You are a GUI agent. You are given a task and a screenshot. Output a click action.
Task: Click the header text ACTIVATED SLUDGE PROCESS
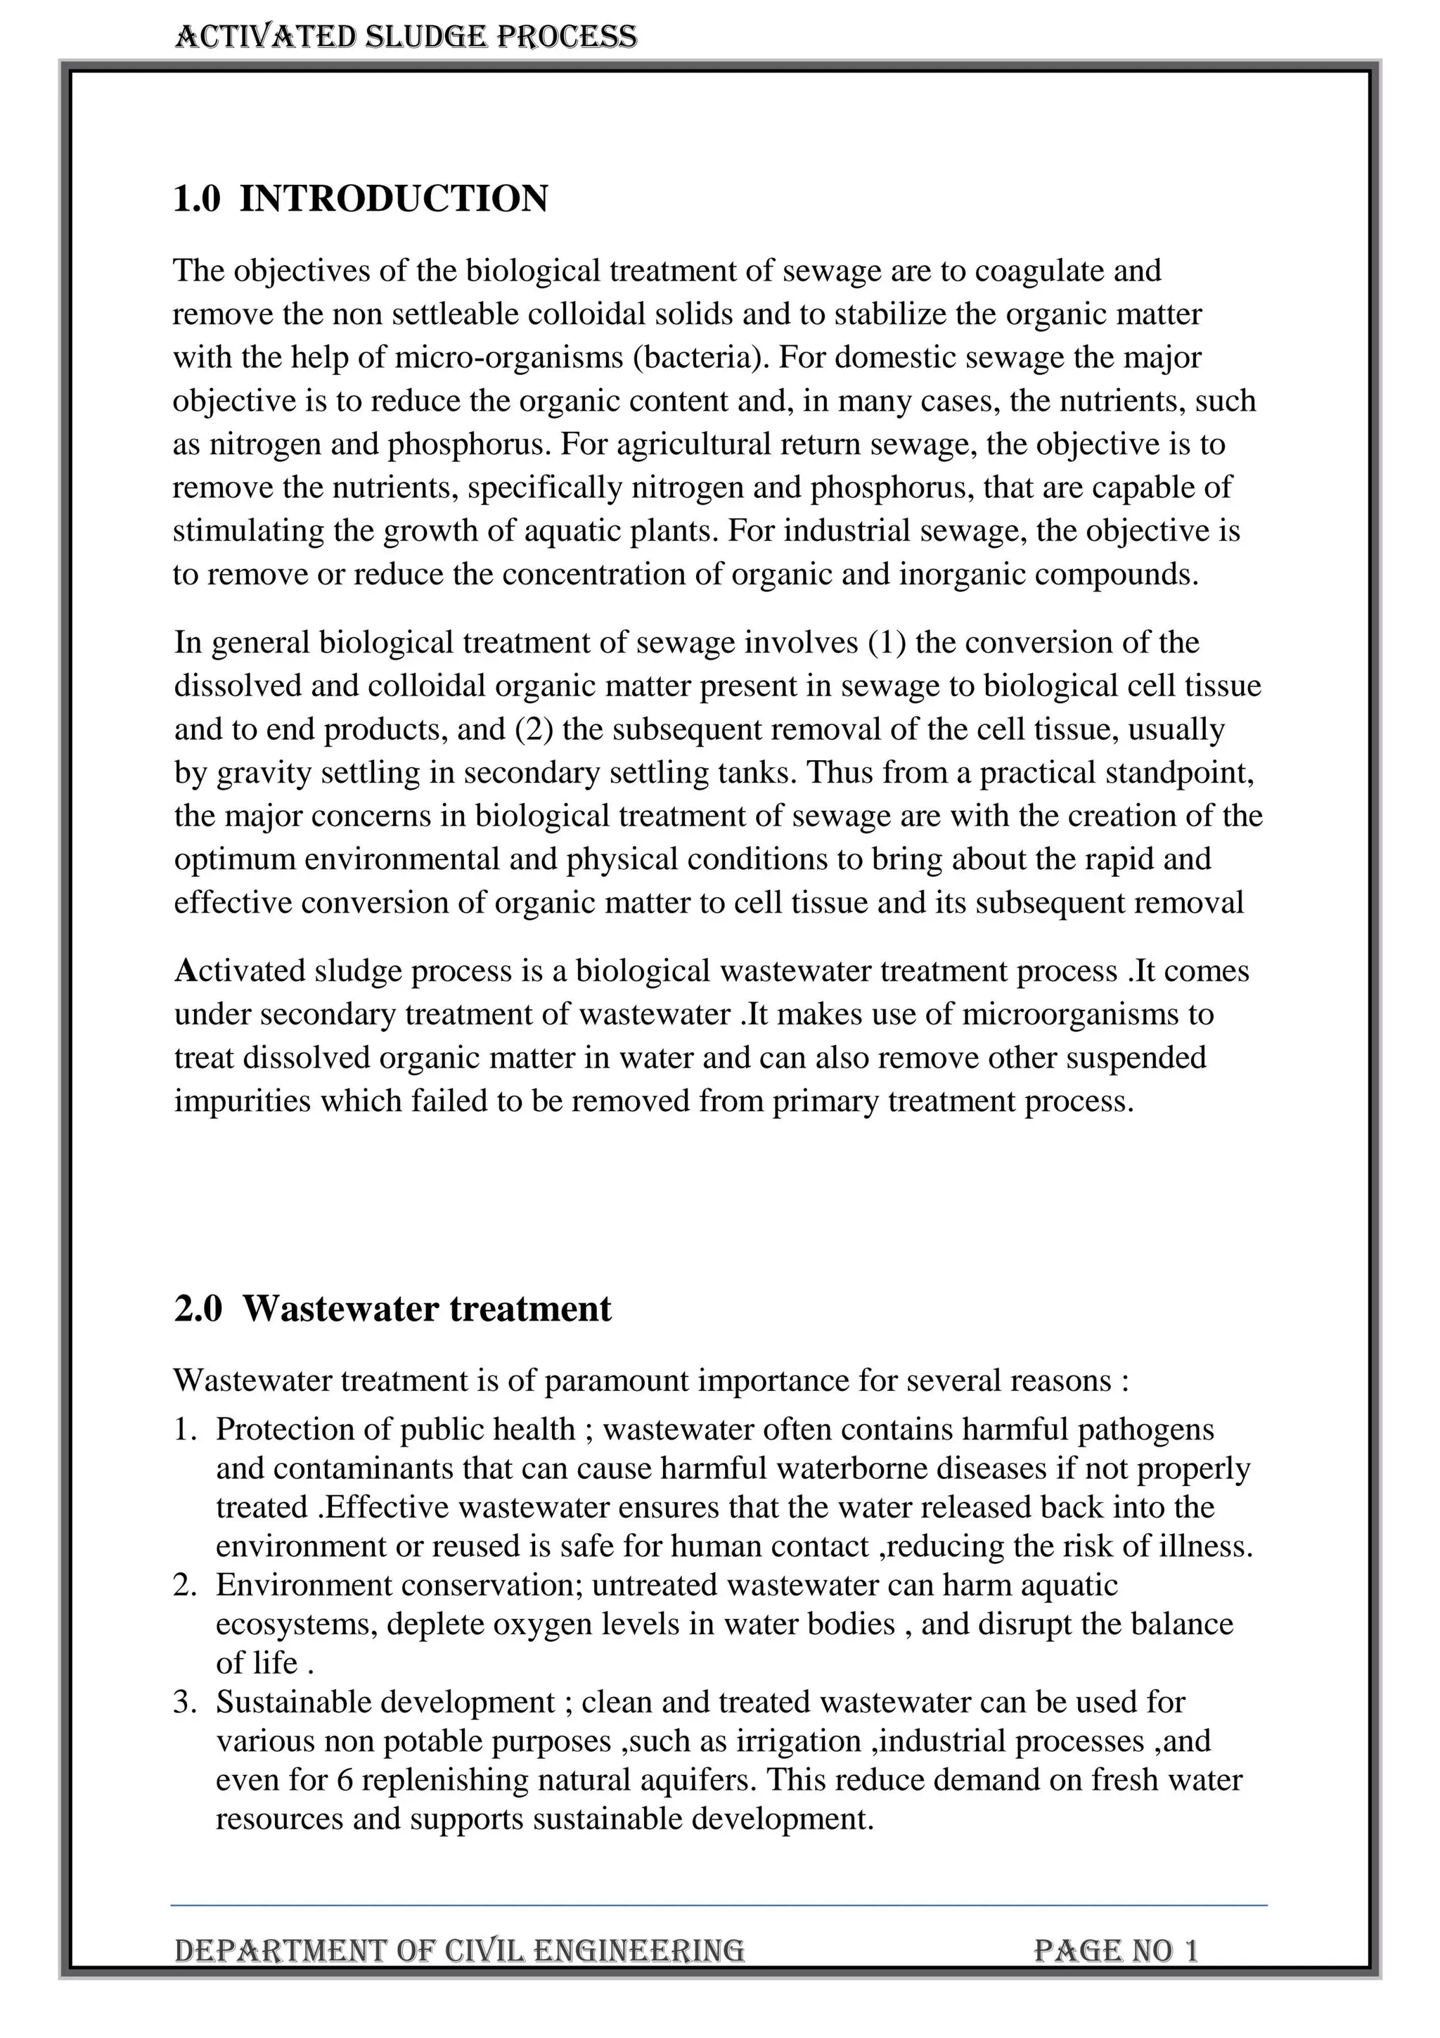[x=406, y=37]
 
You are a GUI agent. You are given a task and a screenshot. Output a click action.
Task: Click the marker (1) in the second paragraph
[x=887, y=642]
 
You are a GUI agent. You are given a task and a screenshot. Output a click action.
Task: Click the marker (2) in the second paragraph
[x=534, y=729]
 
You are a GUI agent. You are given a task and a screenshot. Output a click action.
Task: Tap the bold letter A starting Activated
[x=184, y=971]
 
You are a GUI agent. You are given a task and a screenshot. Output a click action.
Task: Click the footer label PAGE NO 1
[x=1115, y=1950]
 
